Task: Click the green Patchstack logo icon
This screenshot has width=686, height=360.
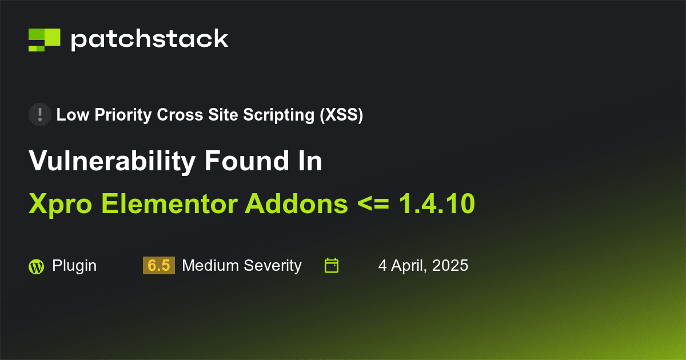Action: (44, 39)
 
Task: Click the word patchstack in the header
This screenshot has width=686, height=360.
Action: (149, 39)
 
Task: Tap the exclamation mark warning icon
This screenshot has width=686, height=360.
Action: (39, 115)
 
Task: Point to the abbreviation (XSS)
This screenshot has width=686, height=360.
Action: (341, 115)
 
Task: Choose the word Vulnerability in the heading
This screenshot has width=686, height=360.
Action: (112, 162)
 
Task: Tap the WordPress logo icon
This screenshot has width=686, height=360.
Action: (36, 266)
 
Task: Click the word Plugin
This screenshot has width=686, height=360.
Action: (74, 266)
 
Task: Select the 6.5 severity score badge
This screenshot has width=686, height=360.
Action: (158, 266)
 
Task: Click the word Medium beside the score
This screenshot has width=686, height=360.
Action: (208, 266)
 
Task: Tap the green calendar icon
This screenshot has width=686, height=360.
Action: (332, 266)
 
